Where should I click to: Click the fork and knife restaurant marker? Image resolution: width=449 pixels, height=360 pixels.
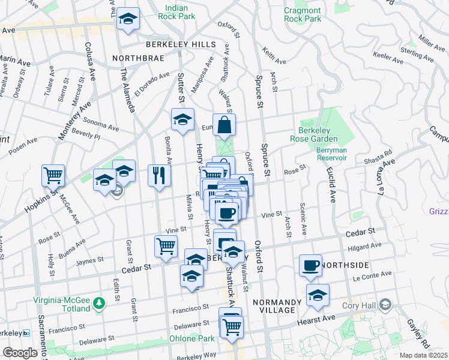[x=159, y=175]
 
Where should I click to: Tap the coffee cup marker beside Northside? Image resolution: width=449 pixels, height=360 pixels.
[x=310, y=265]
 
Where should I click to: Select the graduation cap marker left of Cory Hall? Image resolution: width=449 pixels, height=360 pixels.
[x=318, y=295]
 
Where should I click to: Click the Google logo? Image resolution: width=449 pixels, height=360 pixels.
[x=20, y=353]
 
